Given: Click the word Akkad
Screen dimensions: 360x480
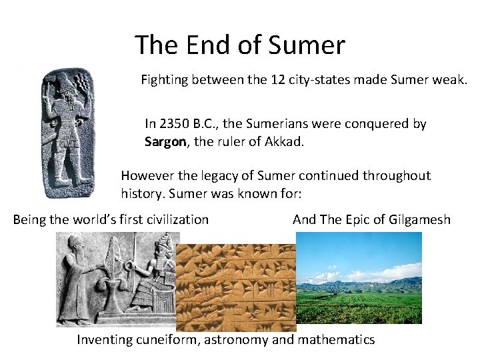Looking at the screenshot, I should click(x=285, y=141).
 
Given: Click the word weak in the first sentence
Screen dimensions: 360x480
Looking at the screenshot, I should click(x=453, y=81).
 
